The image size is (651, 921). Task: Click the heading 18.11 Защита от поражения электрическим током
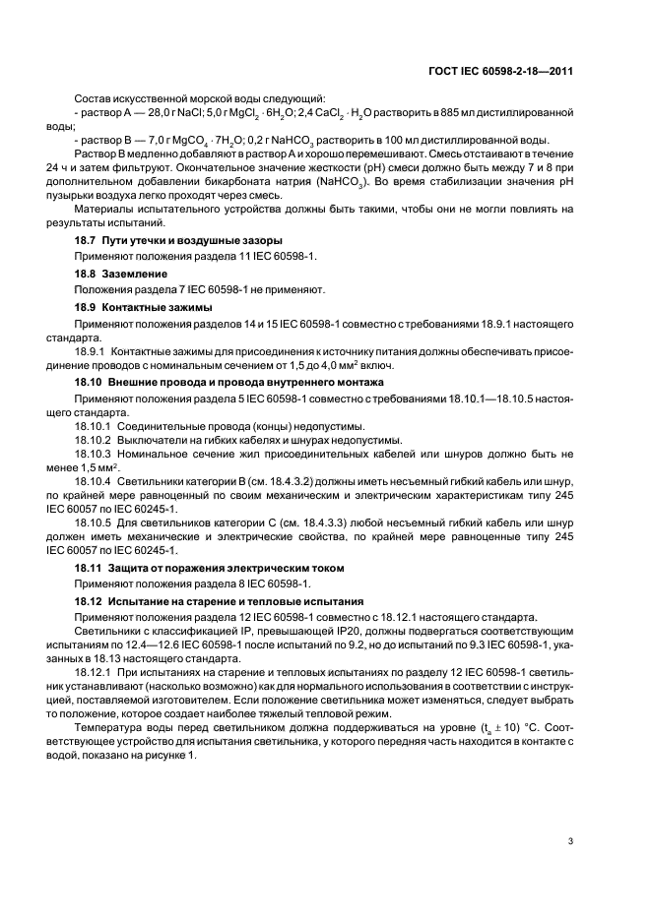coord(210,568)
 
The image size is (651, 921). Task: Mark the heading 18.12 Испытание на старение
coord(221,600)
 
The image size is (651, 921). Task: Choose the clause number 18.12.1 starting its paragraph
coord(94,670)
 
